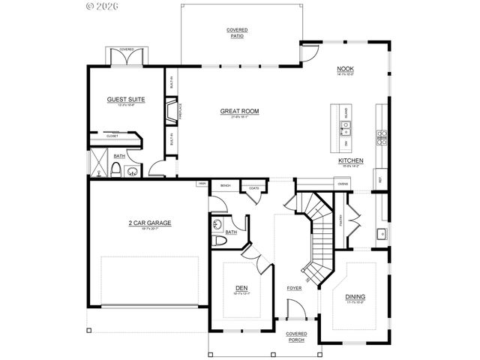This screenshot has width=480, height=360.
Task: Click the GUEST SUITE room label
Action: click(x=125, y=99)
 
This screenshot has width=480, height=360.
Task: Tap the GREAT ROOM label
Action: click(x=239, y=112)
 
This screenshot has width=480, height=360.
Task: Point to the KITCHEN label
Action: click(x=350, y=160)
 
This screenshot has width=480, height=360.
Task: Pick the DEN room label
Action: click(x=241, y=286)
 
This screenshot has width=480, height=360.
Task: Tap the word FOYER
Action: click(x=294, y=288)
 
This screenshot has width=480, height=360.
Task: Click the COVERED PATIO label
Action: click(x=238, y=33)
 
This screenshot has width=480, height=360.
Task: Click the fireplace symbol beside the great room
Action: click(x=171, y=112)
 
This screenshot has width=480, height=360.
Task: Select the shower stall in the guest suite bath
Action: click(x=96, y=160)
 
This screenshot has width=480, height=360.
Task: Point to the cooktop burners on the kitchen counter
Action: click(x=381, y=136)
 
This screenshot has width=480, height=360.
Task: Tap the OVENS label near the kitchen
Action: click(x=342, y=184)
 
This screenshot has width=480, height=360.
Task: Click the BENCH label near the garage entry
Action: click(x=224, y=184)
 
